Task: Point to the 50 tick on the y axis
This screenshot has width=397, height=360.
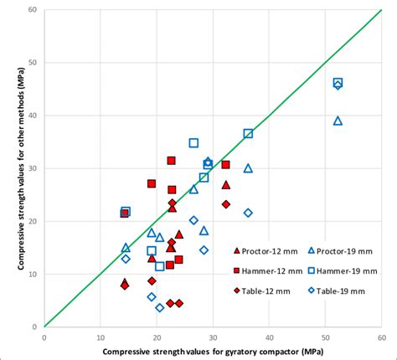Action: click(33, 63)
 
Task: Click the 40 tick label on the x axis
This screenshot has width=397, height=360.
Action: click(268, 337)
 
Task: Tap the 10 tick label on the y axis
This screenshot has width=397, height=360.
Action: click(33, 274)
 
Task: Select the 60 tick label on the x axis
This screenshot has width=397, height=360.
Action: click(380, 337)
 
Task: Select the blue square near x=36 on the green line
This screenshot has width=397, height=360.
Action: click(248, 134)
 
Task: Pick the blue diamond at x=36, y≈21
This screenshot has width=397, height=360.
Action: click(248, 213)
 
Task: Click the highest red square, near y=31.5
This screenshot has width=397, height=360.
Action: click(171, 161)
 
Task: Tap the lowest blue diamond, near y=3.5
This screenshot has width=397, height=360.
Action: click(160, 308)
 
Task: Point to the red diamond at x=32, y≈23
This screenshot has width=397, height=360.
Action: click(225, 204)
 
